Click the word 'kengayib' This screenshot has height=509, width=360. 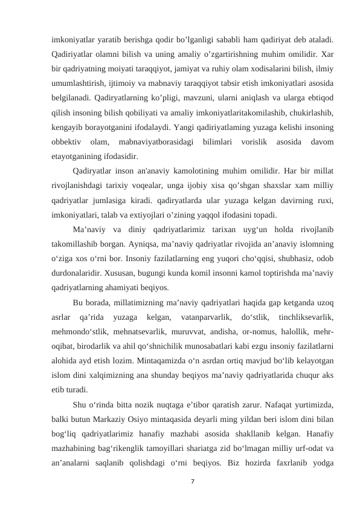(x=68, y=128)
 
